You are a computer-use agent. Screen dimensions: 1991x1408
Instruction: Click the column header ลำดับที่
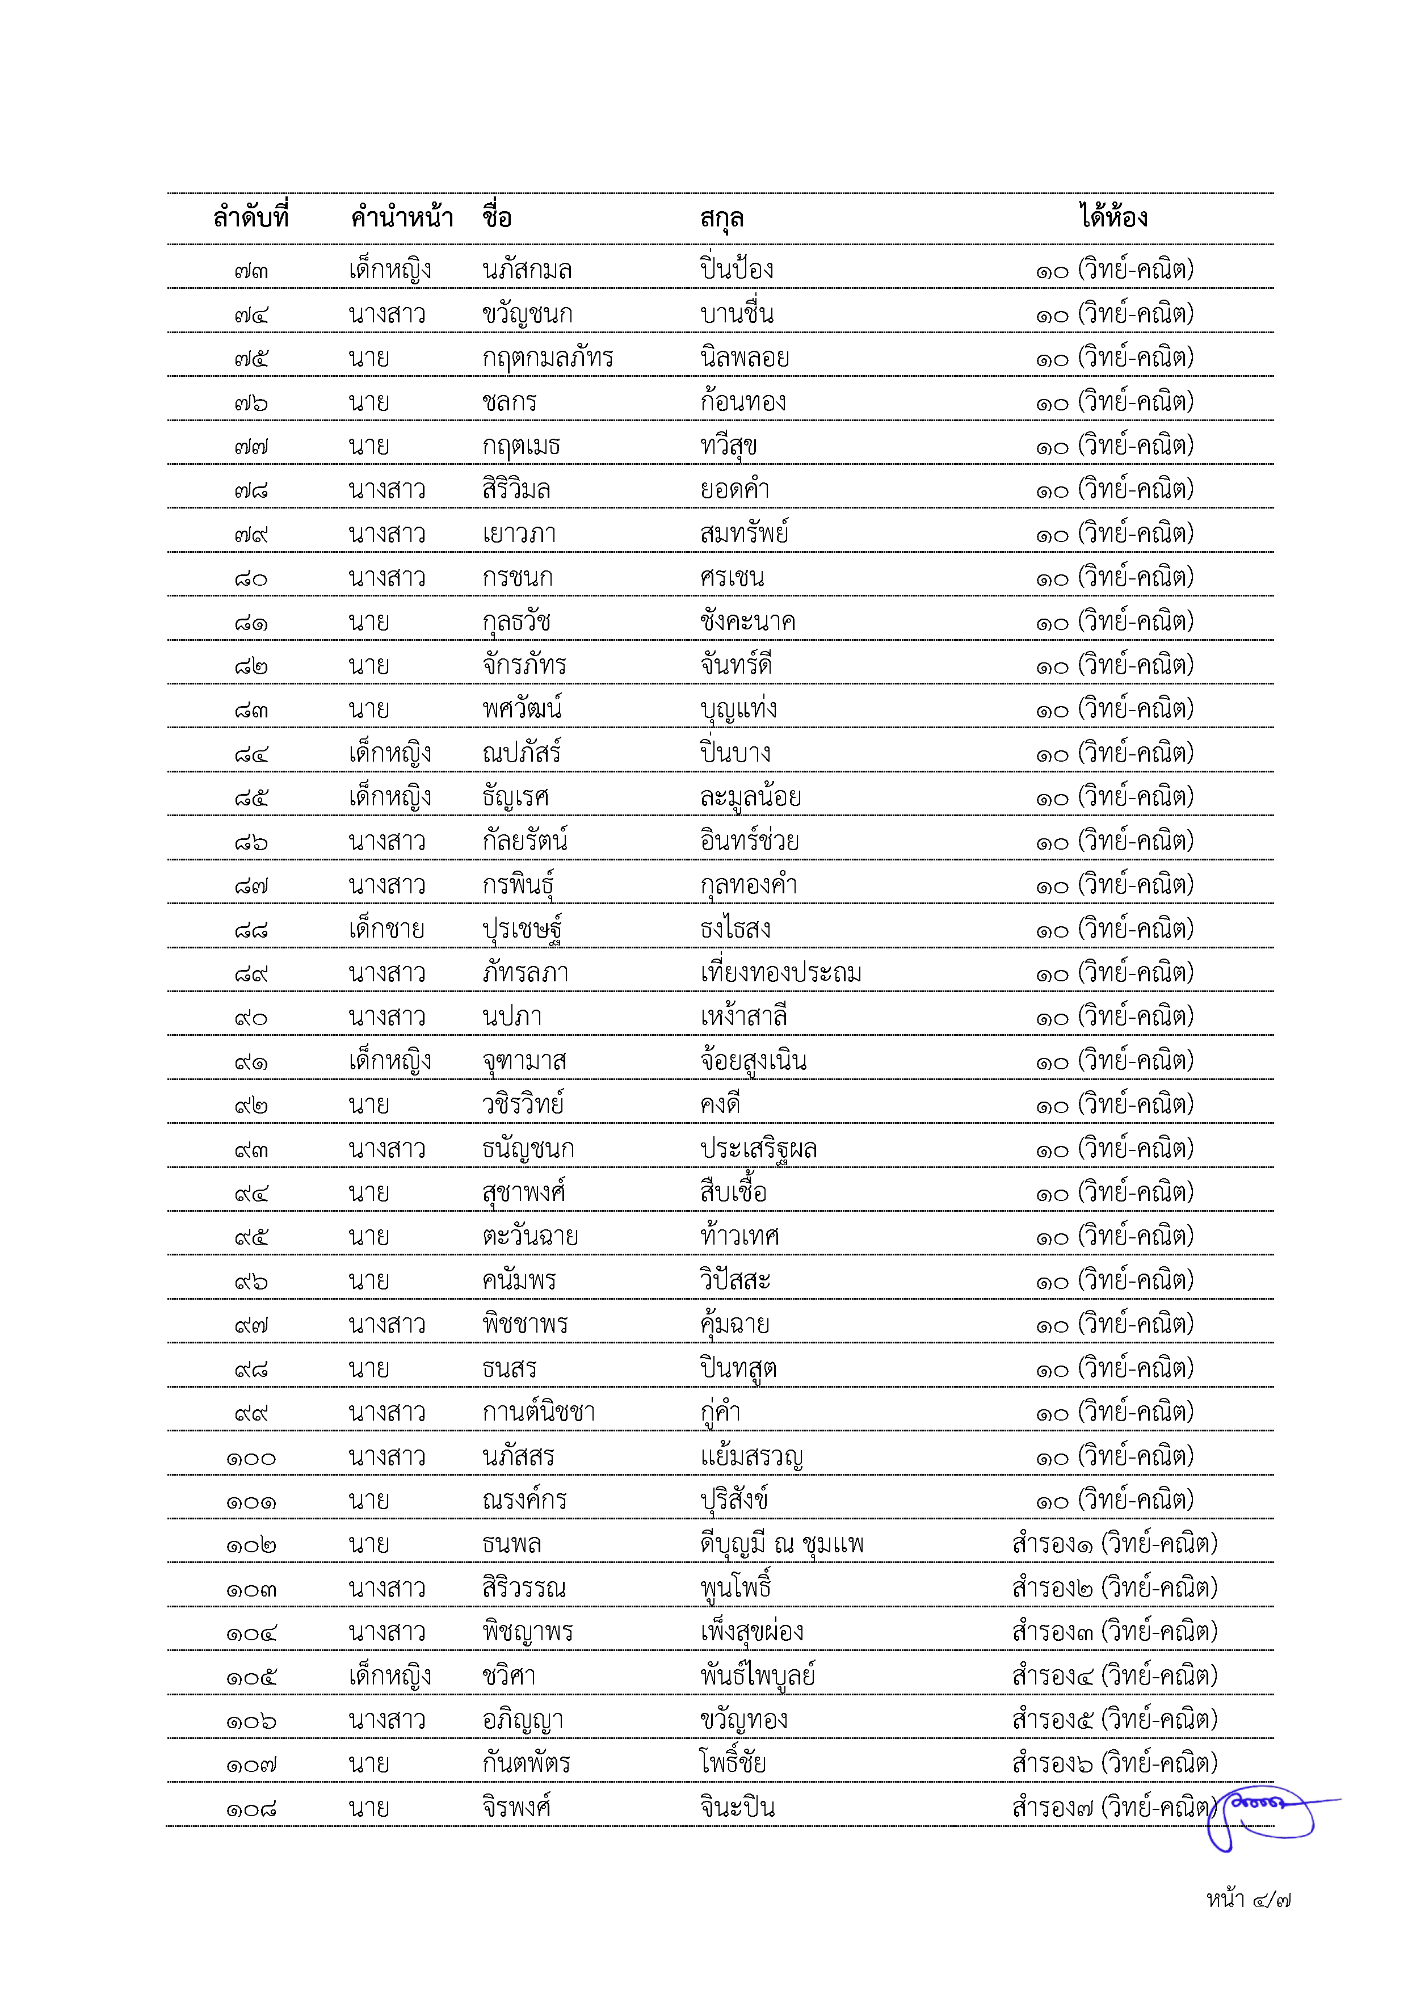point(251,217)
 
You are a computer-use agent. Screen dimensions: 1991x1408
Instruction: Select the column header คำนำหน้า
point(401,217)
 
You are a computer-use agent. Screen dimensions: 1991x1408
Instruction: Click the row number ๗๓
point(251,271)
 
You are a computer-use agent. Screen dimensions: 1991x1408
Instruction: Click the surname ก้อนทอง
point(743,401)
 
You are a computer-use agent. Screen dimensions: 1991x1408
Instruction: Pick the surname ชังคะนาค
point(747,621)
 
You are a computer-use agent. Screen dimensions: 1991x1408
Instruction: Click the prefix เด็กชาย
point(386,930)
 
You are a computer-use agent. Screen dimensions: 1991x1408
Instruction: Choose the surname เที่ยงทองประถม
point(780,973)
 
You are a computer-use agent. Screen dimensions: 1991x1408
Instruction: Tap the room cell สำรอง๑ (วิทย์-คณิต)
point(1114,1544)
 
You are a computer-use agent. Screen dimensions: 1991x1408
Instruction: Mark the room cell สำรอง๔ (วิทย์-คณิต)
point(1114,1676)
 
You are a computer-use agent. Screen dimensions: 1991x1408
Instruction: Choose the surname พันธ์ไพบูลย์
point(758,1676)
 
